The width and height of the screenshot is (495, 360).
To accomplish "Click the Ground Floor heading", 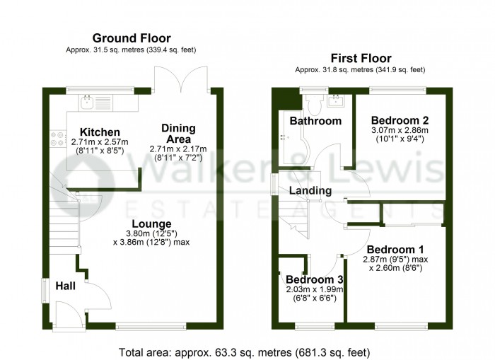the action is pos(132,38).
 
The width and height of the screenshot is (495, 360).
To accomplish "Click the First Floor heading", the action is pos(361,59).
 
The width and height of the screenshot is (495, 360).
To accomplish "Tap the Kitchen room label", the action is pos(100,132).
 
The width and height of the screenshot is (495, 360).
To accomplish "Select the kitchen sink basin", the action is pos(86,101).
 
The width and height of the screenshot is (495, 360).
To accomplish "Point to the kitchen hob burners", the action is pos(58,139).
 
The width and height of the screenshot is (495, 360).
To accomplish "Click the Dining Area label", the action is pos(178,134).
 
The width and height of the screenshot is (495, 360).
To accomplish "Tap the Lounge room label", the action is pos(151,224).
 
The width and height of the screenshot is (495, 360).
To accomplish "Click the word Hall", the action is pos(65,286).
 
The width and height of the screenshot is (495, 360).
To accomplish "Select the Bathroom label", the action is pos(315,121).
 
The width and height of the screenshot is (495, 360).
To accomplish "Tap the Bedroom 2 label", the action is pos(400,120).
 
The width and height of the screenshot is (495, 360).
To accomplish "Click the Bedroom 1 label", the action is pos(395,250).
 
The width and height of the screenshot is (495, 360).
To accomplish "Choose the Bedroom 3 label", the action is pos(315,280).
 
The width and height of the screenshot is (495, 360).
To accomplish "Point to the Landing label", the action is pos(310,190).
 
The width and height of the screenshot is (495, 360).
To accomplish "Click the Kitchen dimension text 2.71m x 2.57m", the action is pos(100,142).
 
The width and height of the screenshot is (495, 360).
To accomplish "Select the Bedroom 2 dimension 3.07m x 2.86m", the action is pos(400,130).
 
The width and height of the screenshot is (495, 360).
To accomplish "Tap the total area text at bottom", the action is pos(244,352).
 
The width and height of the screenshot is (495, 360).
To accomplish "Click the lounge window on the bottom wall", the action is pos(151,326).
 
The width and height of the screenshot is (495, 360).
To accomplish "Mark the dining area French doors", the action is pos(181,79).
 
